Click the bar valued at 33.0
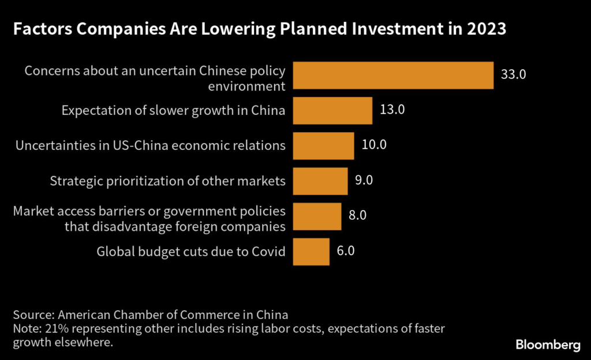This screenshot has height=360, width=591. [393, 76]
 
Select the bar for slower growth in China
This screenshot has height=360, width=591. [332, 110]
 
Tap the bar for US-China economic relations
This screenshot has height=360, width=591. [323, 145]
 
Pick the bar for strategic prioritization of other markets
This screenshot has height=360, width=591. [320, 181]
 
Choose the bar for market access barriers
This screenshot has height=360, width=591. [317, 216]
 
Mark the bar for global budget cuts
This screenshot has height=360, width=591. [311, 251]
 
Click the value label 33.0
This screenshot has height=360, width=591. [513, 75]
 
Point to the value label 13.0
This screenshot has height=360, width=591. [392, 110]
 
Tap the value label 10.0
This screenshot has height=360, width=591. [373, 145]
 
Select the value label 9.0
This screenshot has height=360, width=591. [364, 180]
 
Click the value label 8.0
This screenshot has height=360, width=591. [358, 215]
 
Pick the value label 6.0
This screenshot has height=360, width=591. [346, 250]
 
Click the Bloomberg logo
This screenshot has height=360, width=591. [548, 345]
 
